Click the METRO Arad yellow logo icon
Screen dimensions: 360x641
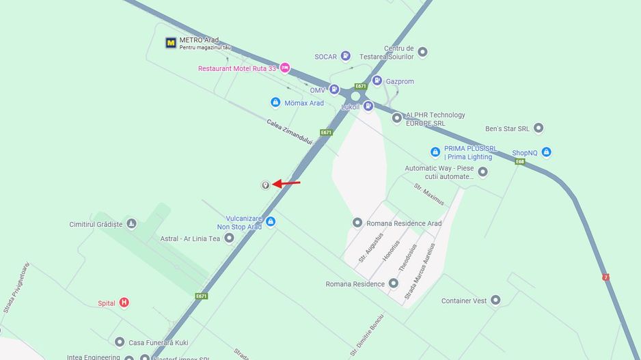(171, 43)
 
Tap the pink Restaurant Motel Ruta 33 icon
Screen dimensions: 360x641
(285, 68)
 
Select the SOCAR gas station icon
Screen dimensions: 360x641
(346, 56)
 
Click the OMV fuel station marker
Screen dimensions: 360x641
(334, 89)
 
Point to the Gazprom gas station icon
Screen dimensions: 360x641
(377, 81)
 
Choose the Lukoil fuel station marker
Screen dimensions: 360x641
(368, 106)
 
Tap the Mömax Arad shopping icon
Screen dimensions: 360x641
(275, 102)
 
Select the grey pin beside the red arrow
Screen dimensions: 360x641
(265, 185)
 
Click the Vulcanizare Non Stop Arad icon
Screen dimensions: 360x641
(271, 221)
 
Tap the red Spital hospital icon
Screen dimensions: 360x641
(124, 303)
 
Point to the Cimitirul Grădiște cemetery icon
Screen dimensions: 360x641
(131, 223)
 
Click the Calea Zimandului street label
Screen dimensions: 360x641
(289, 132)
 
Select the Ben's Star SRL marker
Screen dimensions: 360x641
(538, 128)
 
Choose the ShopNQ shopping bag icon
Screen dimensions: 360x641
(546, 152)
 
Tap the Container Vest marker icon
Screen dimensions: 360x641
(495, 300)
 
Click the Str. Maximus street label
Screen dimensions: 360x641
(428, 194)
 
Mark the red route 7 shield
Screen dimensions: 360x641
(605, 277)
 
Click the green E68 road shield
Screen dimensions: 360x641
(520, 162)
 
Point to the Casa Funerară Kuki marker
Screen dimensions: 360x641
(120, 342)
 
